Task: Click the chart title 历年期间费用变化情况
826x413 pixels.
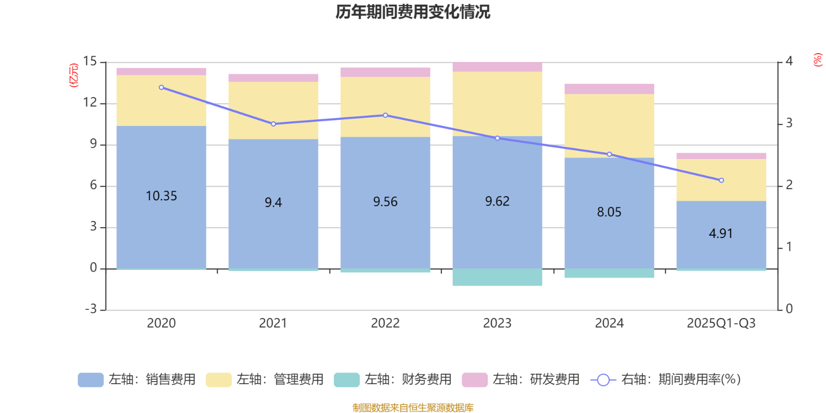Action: click(412, 11)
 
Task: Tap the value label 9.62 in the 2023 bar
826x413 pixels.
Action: click(497, 201)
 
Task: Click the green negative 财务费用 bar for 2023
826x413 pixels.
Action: click(497, 277)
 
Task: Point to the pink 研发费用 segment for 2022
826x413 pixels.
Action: click(385, 72)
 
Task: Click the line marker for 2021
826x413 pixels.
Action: click(273, 124)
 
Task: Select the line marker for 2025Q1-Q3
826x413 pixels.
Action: click(721, 180)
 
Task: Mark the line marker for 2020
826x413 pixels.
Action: click(162, 87)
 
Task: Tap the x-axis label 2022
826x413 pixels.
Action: click(385, 323)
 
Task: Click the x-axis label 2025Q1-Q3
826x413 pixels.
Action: click(721, 323)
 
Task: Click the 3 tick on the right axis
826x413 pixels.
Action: click(789, 123)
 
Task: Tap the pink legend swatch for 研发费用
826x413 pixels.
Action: click(474, 379)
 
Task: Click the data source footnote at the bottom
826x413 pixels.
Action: click(412, 408)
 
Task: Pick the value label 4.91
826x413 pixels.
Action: click(721, 233)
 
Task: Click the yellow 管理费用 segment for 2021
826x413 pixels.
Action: click(273, 110)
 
